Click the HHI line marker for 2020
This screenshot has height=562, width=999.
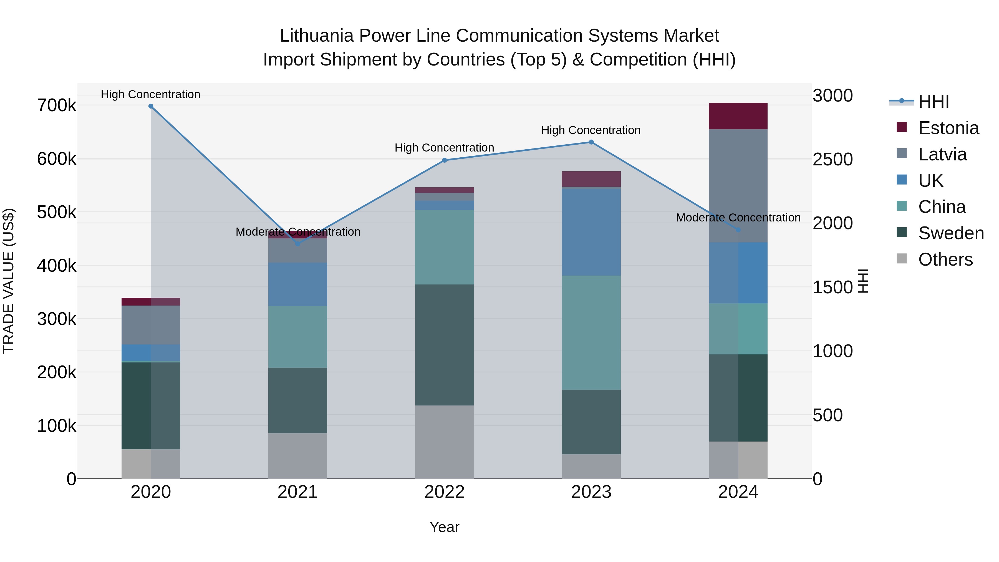point(151,106)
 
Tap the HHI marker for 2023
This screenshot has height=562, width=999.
point(591,142)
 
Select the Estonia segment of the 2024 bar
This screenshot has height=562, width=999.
point(738,116)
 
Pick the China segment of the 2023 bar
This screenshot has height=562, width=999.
point(591,332)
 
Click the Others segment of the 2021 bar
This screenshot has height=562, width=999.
point(297,456)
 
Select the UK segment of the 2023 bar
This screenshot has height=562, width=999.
point(591,232)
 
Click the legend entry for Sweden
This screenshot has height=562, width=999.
point(950,233)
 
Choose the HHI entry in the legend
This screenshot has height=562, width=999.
point(934,102)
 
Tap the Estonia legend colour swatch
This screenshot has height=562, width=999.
point(902,127)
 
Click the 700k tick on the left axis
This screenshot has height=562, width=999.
point(57,105)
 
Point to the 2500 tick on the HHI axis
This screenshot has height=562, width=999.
point(832,159)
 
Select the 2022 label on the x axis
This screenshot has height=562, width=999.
point(445,492)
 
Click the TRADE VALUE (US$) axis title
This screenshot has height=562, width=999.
point(9,281)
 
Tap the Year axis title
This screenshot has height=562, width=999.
point(445,527)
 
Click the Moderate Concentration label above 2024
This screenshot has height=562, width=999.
point(738,218)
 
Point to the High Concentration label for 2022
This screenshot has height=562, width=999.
point(445,148)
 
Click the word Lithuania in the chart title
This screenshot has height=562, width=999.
point(316,36)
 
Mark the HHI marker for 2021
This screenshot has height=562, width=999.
point(297,244)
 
